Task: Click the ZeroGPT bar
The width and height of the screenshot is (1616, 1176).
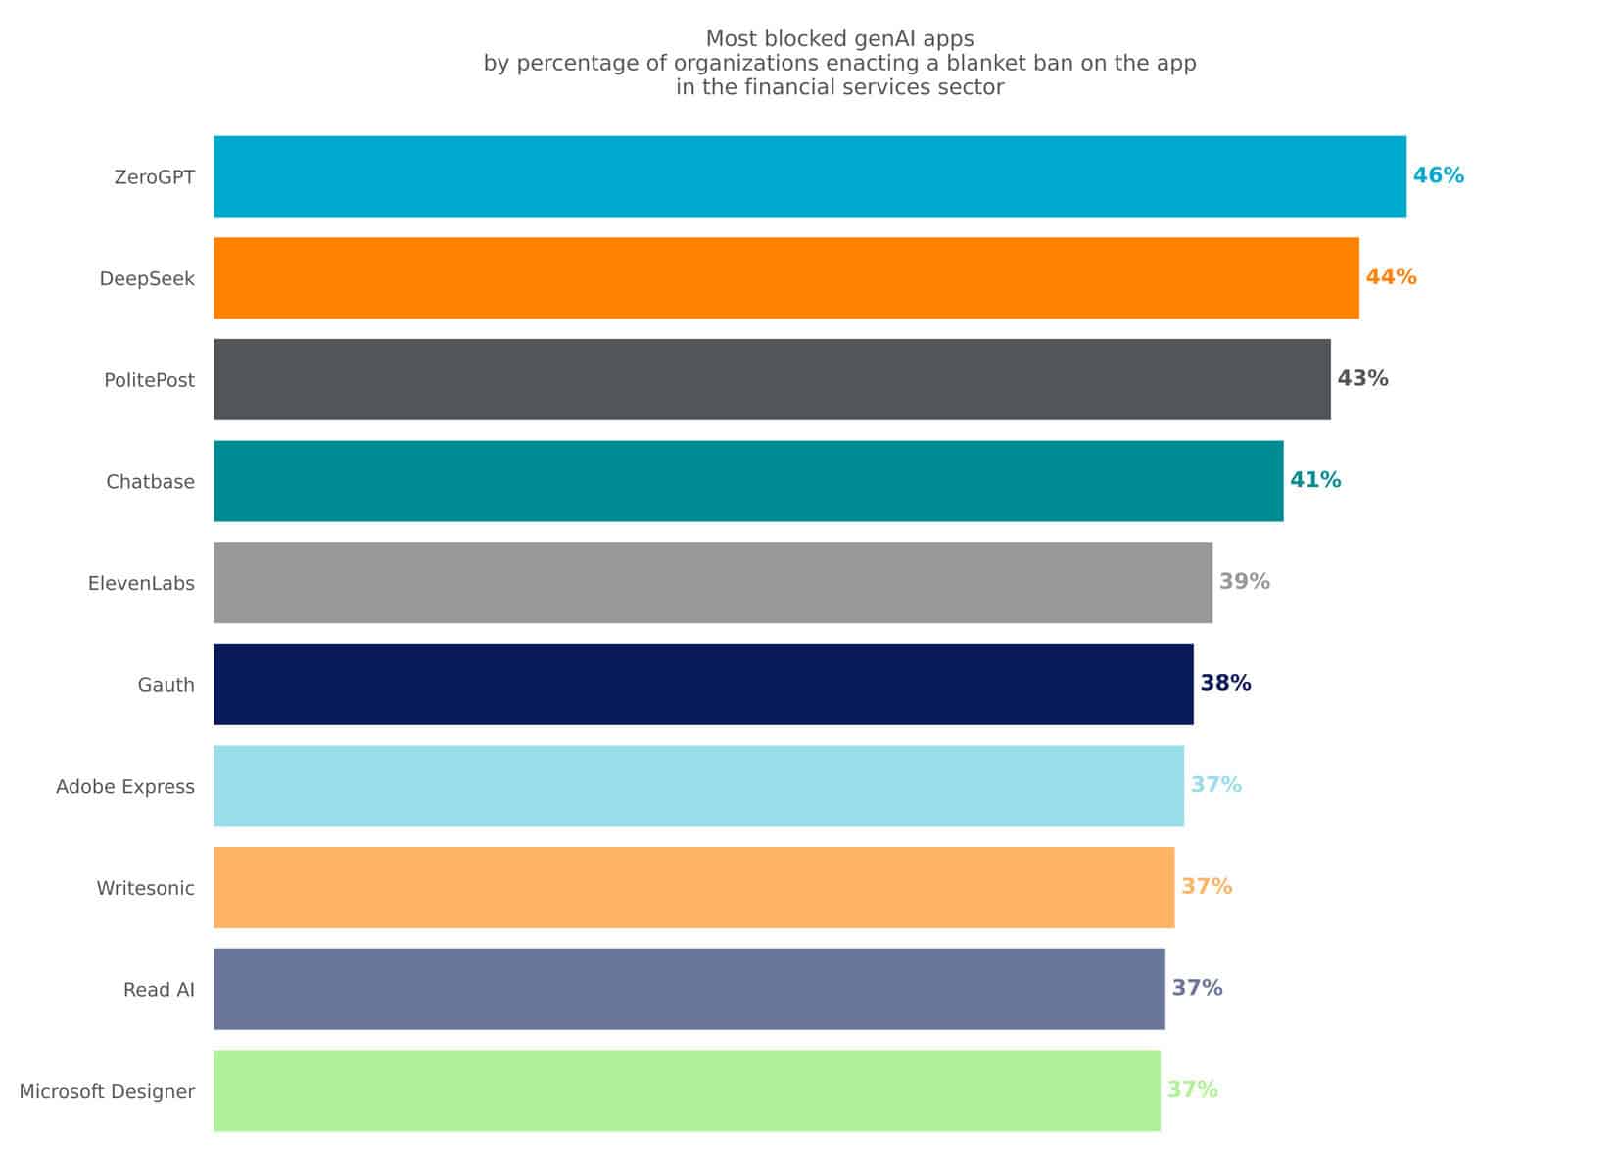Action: tap(810, 176)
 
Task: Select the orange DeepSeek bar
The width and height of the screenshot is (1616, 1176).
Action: tap(786, 278)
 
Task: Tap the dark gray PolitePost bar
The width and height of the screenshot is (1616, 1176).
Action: tap(772, 379)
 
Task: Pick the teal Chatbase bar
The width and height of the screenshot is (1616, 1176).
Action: tap(748, 481)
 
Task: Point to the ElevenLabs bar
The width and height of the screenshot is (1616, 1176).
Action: tap(713, 582)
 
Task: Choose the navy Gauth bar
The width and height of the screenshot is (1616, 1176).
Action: tap(703, 684)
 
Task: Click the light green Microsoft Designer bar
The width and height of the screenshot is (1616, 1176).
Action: tap(687, 1090)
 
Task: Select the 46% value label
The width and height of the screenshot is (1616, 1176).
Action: tap(1438, 176)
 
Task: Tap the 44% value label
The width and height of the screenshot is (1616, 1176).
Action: tap(1391, 277)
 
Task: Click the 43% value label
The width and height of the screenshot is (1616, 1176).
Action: tap(1362, 379)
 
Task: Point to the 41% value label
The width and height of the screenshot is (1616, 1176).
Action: tap(1315, 480)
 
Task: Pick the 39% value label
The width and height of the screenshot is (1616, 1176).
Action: tap(1244, 582)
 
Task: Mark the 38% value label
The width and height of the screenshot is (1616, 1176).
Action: tap(1225, 683)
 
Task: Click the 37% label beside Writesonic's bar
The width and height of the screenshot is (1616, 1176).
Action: tap(1207, 887)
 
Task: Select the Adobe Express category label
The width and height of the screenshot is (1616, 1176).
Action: tap(125, 787)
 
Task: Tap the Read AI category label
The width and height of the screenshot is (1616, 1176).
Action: tap(159, 990)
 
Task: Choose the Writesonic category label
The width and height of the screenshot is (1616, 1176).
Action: tap(145, 889)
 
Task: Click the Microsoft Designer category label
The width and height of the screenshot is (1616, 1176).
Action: tap(107, 1092)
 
